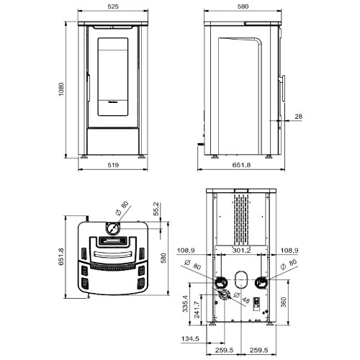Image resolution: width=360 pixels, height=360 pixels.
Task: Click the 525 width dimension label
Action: point(113,6)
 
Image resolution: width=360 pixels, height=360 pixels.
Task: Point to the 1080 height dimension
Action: point(61,89)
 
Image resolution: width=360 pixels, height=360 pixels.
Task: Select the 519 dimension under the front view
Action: point(113,165)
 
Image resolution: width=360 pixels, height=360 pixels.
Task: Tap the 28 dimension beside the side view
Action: point(298,117)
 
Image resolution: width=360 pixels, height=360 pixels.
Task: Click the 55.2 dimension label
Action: point(156,209)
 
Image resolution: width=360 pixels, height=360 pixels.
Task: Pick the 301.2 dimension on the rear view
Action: point(241,251)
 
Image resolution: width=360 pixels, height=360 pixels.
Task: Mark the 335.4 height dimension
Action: point(185,304)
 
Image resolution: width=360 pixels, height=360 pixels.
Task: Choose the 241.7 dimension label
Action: point(197,310)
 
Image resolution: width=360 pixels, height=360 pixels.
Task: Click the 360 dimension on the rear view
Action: point(284,302)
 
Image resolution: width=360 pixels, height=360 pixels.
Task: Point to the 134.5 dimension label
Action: point(190,338)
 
